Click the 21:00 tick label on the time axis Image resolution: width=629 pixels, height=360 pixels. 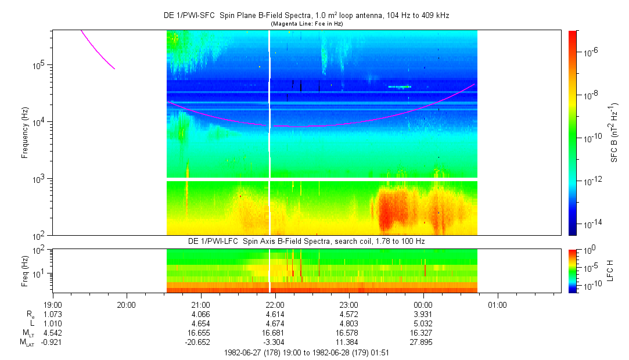pyautogui.click(x=200, y=304)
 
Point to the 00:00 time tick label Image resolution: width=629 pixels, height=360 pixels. pyautogui.click(x=423, y=304)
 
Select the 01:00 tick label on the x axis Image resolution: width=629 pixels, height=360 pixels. pyautogui.click(x=497, y=304)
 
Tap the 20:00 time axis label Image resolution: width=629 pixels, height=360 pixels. pyautogui.click(x=126, y=304)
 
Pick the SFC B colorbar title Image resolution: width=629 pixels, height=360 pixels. pyautogui.click(x=614, y=133)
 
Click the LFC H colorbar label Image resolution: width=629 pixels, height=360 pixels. pyautogui.click(x=610, y=270)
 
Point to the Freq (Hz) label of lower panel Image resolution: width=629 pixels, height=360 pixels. pyautogui.click(x=25, y=270)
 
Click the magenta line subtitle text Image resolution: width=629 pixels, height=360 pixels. pyautogui.click(x=306, y=23)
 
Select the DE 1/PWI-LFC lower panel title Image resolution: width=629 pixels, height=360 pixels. pyautogui.click(x=306, y=240)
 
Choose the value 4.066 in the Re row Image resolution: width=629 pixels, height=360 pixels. pyautogui.click(x=200, y=314)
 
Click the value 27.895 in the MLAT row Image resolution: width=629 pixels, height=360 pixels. pyautogui.click(x=423, y=343)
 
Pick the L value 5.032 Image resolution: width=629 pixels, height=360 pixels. pyautogui.click(x=423, y=323)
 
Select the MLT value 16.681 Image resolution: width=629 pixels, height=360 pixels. pyautogui.click(x=275, y=333)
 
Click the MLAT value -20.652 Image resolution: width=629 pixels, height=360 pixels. pyautogui.click(x=199, y=343)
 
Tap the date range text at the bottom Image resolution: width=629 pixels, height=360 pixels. pyautogui.click(x=306, y=352)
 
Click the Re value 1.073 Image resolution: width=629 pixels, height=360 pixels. pyautogui.click(x=52, y=314)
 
